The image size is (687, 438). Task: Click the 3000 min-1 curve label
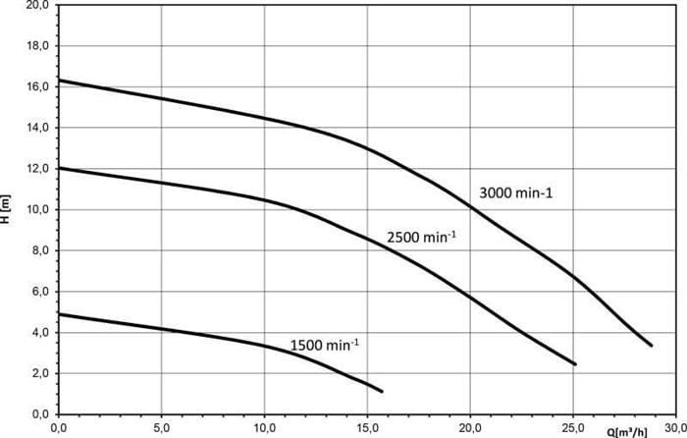[516, 193]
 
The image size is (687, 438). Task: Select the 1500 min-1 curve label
[325, 345]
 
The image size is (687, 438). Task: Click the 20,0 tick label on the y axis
[37, 6]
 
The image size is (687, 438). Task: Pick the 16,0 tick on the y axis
[37, 87]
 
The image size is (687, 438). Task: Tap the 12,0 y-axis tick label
[37, 169]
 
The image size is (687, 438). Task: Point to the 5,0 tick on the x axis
[161, 427]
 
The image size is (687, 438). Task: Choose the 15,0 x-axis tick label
[367, 427]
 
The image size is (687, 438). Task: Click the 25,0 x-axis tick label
[573, 427]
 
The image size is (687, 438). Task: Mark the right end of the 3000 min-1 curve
[651, 345]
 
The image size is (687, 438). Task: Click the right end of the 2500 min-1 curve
[575, 364]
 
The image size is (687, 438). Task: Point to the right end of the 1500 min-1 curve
[382, 392]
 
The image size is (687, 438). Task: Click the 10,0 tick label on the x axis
[264, 427]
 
